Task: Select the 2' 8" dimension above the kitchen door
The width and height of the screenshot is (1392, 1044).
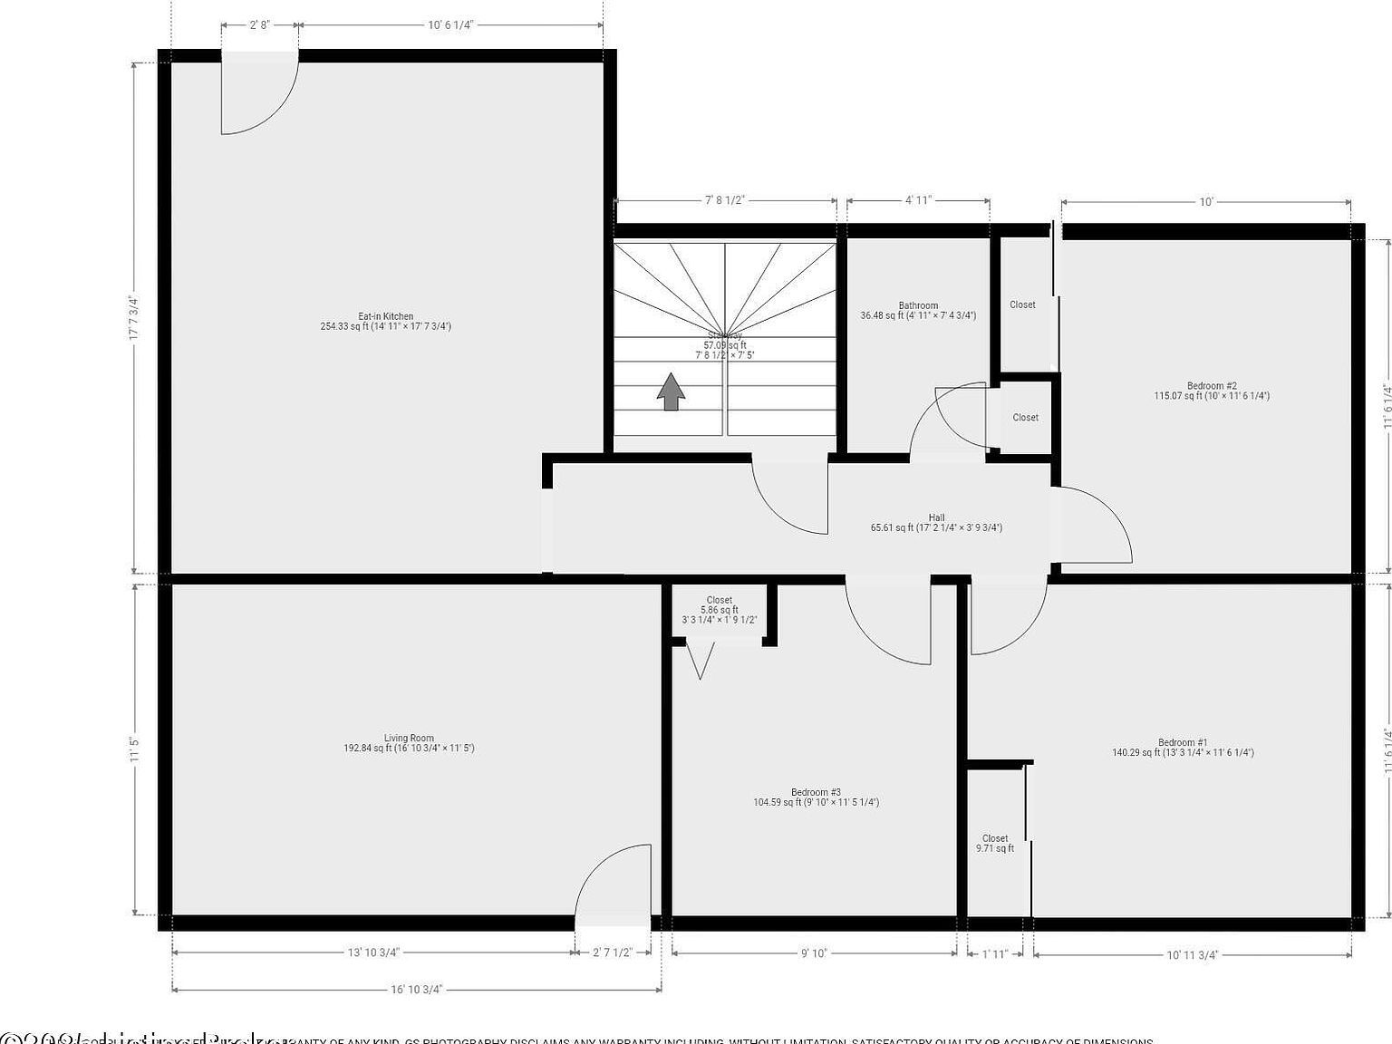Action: tap(259, 25)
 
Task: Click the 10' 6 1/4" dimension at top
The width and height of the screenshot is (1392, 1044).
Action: tap(450, 25)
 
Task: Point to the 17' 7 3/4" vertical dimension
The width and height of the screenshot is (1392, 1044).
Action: tap(134, 318)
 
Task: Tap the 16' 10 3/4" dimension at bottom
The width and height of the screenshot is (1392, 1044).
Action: tap(417, 990)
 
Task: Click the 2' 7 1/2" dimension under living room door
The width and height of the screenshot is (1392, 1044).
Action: tap(611, 952)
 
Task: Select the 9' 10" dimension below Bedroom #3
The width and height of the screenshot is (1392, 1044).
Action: tap(813, 952)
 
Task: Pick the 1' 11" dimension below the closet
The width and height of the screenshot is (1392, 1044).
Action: tap(994, 952)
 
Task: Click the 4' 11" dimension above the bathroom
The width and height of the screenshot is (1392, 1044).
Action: tap(918, 200)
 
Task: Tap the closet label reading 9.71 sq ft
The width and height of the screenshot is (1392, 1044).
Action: tap(994, 844)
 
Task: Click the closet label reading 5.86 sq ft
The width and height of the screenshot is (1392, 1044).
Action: tap(719, 610)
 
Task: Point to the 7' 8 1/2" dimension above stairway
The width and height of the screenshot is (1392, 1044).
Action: tap(724, 200)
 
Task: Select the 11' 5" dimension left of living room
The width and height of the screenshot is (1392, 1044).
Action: tap(134, 749)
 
